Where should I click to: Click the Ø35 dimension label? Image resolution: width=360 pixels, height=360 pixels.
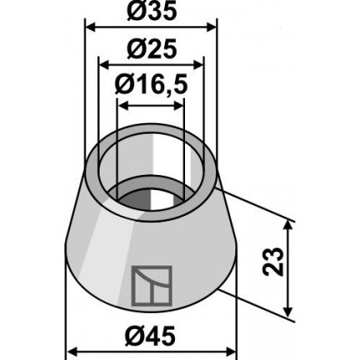click(x=152, y=11)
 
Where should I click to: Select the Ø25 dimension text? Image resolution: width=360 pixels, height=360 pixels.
click(x=152, y=49)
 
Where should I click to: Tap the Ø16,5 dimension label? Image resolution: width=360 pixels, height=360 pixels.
click(x=151, y=85)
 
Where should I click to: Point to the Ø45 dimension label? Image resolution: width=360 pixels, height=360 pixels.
click(x=150, y=336)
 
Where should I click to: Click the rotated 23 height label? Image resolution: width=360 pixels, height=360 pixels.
click(x=274, y=261)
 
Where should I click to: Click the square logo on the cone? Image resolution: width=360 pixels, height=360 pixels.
click(x=152, y=285)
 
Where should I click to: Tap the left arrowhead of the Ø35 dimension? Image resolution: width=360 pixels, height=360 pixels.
click(x=90, y=28)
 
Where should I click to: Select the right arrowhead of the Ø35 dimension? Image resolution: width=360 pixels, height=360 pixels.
click(x=211, y=28)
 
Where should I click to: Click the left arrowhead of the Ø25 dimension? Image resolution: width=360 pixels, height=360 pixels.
click(x=105, y=65)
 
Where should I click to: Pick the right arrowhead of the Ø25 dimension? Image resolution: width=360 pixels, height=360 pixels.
click(x=198, y=65)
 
